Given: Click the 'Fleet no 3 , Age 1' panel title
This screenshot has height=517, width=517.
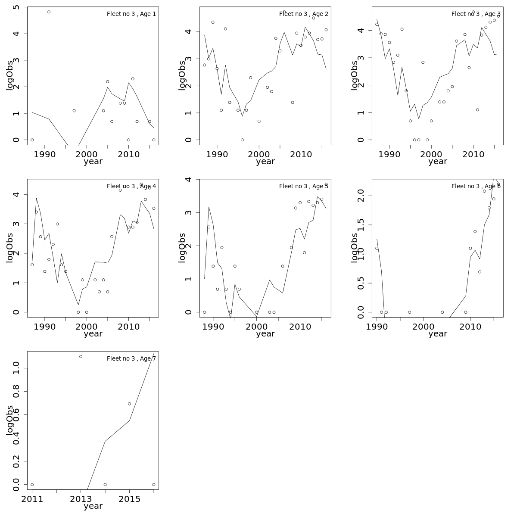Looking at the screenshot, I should tap(131, 14).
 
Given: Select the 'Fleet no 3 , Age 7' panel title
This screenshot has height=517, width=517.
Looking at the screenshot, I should tap(131, 358).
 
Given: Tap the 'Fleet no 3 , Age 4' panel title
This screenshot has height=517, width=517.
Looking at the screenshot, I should tap(131, 186).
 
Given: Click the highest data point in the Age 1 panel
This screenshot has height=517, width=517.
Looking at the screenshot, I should tap(49, 12).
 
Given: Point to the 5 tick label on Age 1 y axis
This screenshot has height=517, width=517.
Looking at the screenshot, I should tap(16, 7).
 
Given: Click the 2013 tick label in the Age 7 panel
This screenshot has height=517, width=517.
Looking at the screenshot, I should tap(81, 499).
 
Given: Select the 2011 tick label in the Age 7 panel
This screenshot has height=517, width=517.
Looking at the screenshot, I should tap(32, 499).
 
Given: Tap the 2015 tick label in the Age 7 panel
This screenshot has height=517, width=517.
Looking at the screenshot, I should tap(129, 499).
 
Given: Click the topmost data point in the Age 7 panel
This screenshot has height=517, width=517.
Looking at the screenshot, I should tap(81, 357).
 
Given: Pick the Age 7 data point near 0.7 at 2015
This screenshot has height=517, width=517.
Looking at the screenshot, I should tap(129, 404).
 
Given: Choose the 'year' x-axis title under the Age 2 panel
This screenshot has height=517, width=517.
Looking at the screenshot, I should tap(265, 162).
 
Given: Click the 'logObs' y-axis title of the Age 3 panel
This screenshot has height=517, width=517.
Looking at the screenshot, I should tap(354, 75).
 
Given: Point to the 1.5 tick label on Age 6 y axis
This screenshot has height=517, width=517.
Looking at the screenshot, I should tap(361, 225).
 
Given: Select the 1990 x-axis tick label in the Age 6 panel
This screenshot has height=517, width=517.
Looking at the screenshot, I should tap(377, 327).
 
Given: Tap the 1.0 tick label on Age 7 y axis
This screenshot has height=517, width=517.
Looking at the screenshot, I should tap(16, 368).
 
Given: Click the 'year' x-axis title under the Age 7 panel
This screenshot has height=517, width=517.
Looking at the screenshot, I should tap(93, 506).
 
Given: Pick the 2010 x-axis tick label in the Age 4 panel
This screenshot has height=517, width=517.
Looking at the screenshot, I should tap(128, 327).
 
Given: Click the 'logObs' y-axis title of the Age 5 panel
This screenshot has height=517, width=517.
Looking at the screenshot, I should tap(182, 248).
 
